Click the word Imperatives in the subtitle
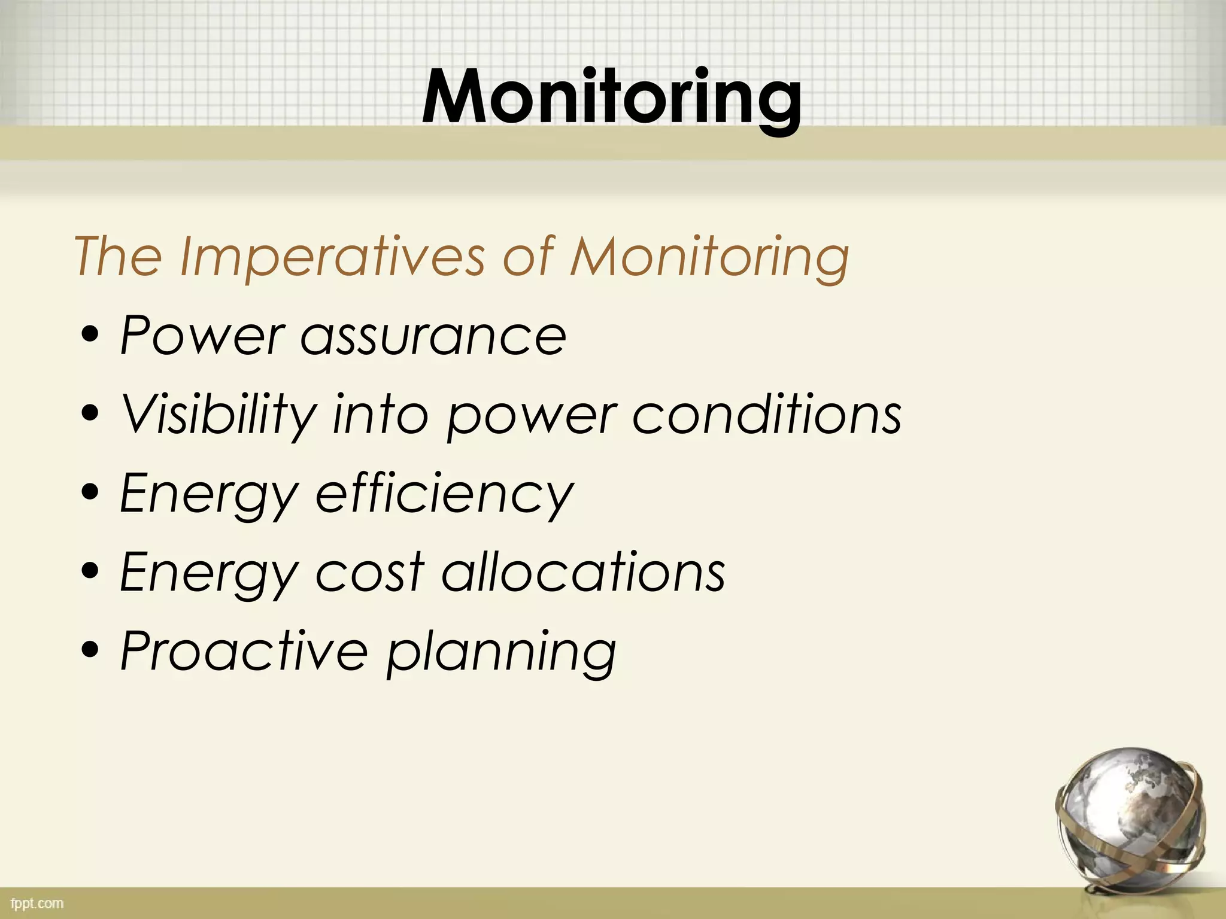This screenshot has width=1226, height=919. click(332, 257)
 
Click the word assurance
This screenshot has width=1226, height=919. click(433, 337)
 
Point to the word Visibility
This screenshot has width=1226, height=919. click(219, 415)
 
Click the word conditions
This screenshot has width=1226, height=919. click(767, 414)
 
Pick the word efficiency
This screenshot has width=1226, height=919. click(444, 494)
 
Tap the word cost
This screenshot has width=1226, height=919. click(369, 573)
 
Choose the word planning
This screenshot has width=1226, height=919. click(501, 653)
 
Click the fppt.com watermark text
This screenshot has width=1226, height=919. click(37, 903)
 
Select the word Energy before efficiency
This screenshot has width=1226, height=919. click(208, 495)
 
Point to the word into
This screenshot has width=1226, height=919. click(381, 414)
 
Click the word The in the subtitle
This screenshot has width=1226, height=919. click(118, 257)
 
